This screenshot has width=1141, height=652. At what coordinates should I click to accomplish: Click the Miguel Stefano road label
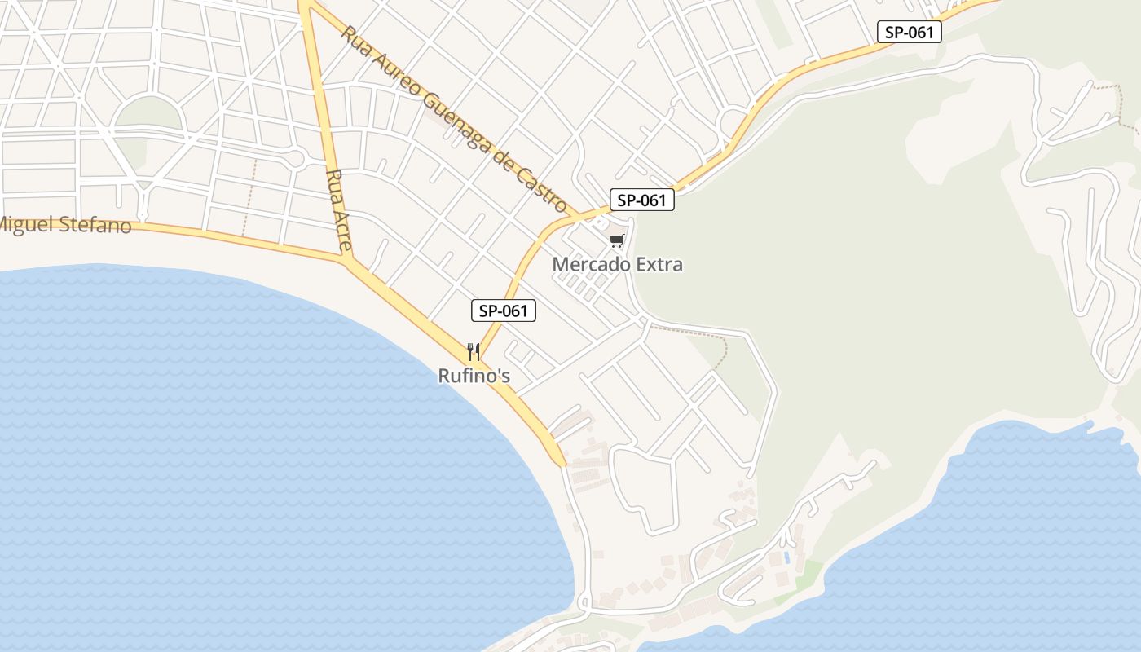[x=65, y=224]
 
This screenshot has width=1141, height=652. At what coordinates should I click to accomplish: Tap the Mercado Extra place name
[x=617, y=264]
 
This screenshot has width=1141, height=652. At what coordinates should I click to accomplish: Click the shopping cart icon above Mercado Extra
[x=617, y=240]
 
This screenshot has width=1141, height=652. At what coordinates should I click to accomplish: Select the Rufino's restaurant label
[x=474, y=376]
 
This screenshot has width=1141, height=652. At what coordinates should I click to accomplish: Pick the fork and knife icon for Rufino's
[x=474, y=351]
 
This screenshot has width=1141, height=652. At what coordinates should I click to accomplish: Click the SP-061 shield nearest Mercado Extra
[x=642, y=200]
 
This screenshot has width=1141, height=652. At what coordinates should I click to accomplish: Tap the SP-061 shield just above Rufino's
[x=504, y=311]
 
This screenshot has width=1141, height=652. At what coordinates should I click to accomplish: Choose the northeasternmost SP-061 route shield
[x=909, y=32]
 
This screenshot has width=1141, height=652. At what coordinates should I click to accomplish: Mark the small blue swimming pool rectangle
[x=786, y=558]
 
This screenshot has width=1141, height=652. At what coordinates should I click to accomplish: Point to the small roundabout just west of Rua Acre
[x=296, y=158]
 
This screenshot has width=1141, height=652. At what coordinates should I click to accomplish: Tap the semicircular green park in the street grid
[x=148, y=114]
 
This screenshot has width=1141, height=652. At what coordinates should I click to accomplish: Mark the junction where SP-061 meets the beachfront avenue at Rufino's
[x=478, y=359]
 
